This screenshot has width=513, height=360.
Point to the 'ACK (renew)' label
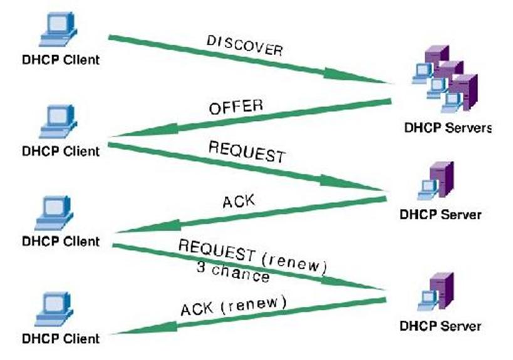pos(233,304)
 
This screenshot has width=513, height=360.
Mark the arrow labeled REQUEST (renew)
pos(251,266)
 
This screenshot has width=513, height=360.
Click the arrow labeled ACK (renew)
pos(251,316)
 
